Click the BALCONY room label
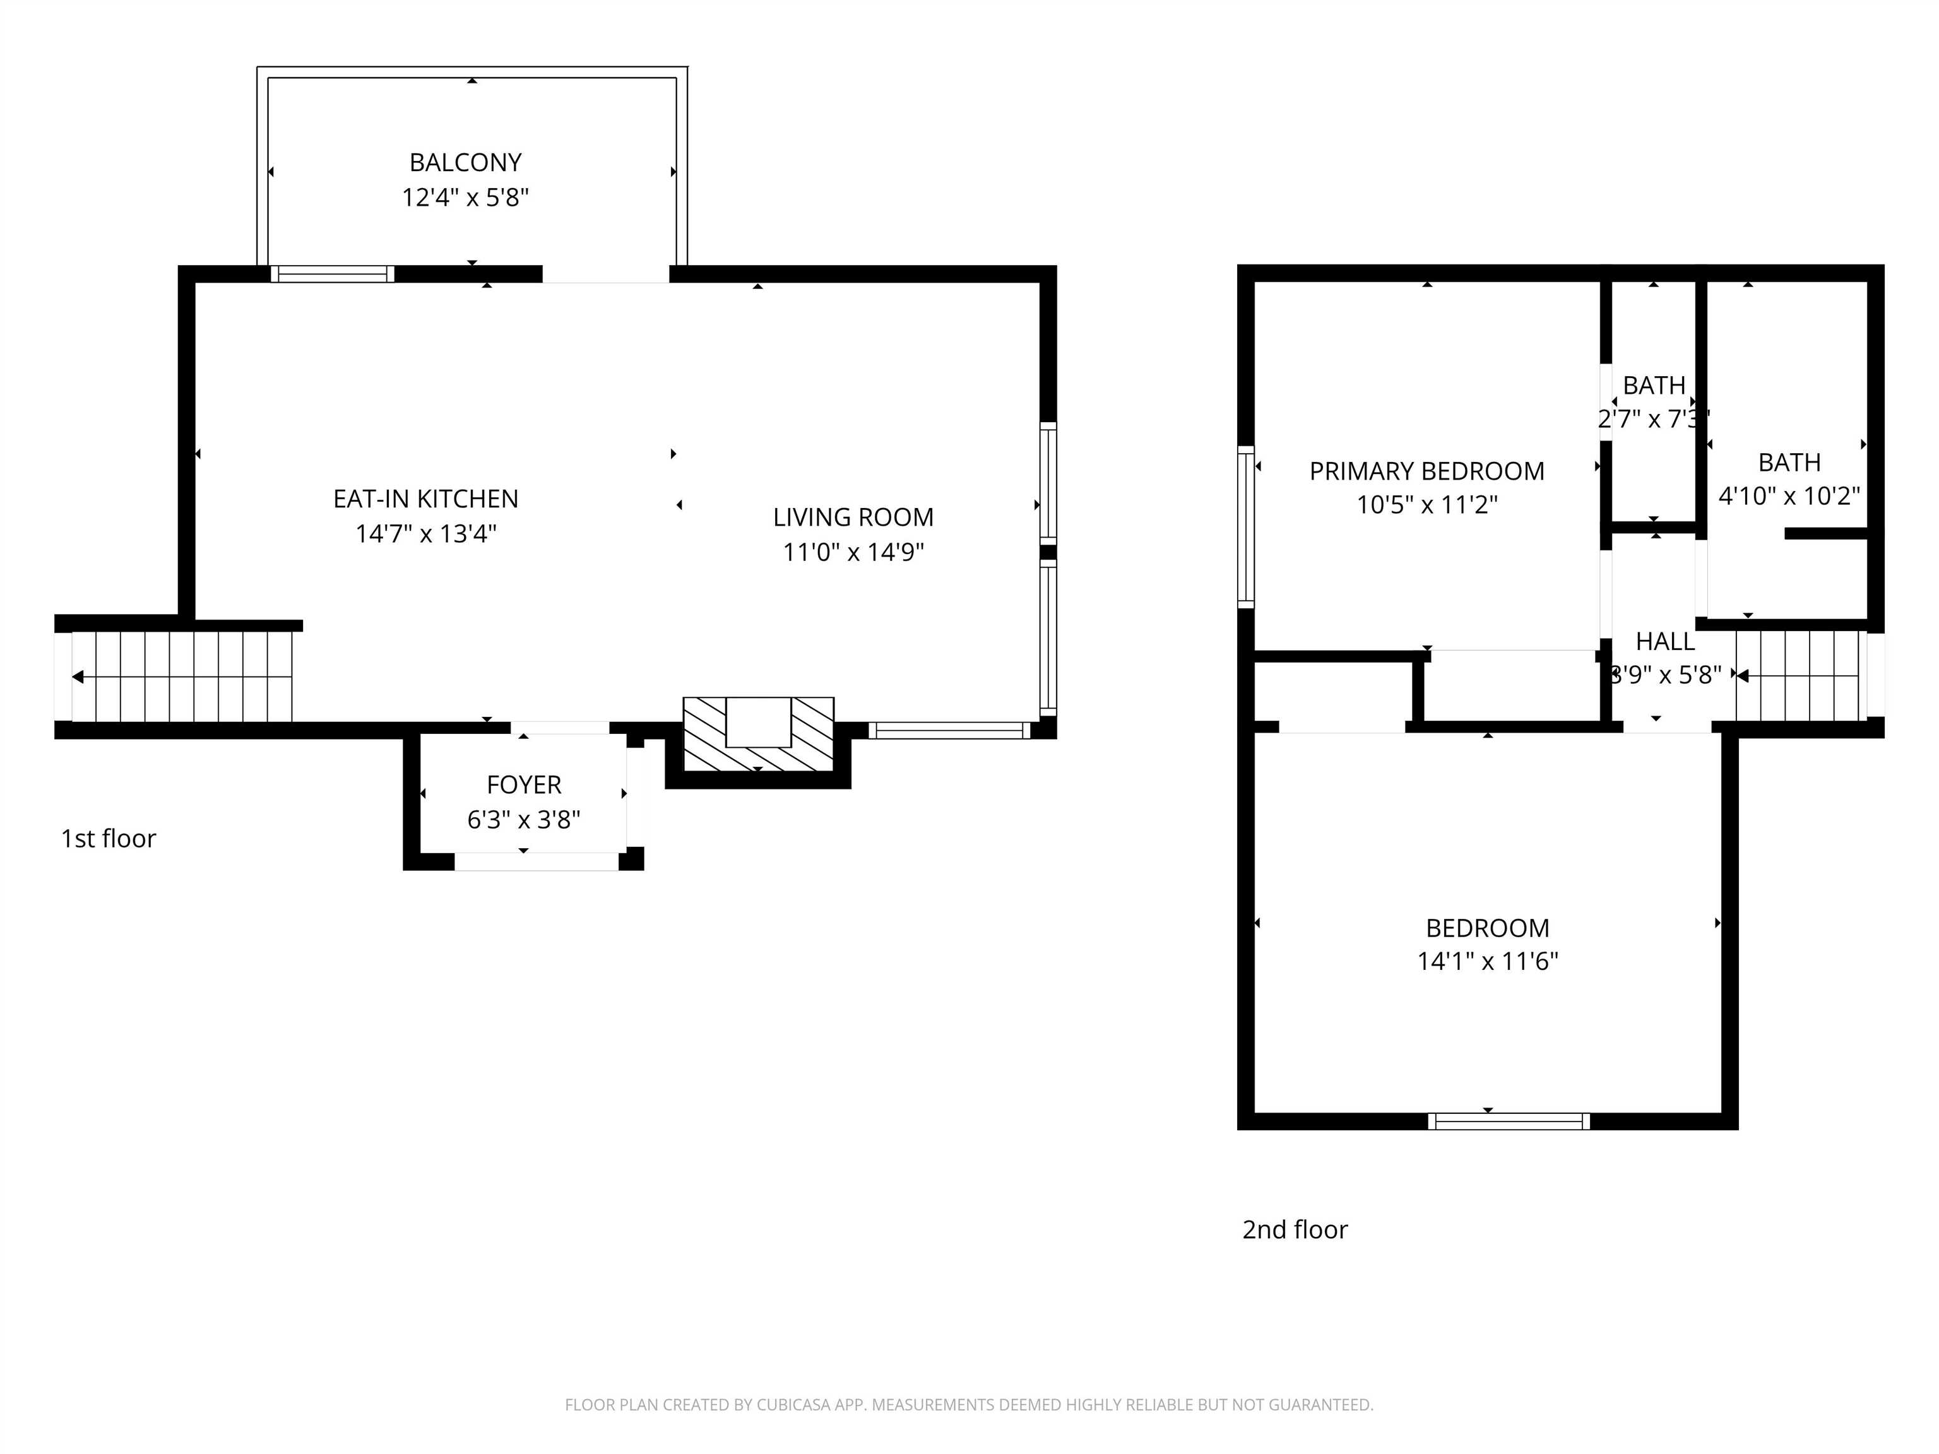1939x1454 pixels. point(465,163)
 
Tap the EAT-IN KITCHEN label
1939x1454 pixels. point(425,499)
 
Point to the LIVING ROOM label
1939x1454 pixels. point(853,517)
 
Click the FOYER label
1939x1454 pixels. point(523,784)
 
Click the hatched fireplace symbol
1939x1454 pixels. point(758,735)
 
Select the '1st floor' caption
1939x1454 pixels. point(108,839)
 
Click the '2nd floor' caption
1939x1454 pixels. point(1294,1229)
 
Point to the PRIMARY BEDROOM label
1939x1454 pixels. point(1426,471)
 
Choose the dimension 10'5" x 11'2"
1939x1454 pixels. point(1426,505)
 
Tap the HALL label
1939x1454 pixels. point(1664,642)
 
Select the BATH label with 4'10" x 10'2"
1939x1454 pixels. point(1789,462)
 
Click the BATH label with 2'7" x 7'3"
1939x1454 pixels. point(1653,386)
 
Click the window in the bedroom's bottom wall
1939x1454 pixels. point(1508,1121)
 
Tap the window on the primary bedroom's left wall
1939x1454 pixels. point(1245,526)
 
